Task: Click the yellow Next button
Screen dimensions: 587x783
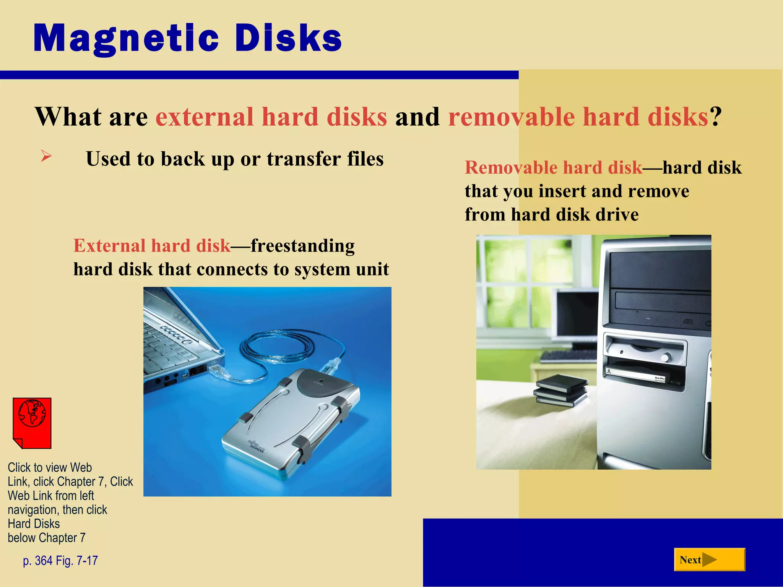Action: [x=709, y=559]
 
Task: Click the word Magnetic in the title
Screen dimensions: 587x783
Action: [x=126, y=38]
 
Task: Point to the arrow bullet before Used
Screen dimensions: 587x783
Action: [x=46, y=156]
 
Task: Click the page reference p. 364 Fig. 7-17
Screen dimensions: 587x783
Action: [x=60, y=560]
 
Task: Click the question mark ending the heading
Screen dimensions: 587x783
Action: [x=716, y=117]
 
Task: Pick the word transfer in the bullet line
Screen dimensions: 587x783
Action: [x=304, y=159]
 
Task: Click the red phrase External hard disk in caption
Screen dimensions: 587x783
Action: [x=152, y=245]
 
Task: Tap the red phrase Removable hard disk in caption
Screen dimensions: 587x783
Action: [x=553, y=167]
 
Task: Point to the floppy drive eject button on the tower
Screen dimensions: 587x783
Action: [x=666, y=357]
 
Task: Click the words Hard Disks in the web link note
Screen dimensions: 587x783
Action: [x=34, y=524]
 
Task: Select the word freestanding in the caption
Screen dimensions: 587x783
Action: [x=302, y=245]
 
